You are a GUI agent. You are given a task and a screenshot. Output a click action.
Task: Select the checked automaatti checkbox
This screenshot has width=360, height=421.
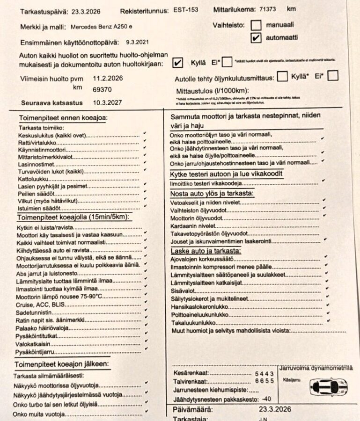tap(256, 38)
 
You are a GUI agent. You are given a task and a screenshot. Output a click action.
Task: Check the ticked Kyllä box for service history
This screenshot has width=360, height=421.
tap(177, 63)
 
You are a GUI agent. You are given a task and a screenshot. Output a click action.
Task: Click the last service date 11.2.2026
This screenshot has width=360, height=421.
tap(108, 78)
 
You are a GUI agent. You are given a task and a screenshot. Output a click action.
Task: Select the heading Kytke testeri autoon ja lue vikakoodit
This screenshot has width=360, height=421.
tap(226, 174)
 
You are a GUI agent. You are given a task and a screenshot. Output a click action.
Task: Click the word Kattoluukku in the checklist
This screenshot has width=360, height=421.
tap(33, 178)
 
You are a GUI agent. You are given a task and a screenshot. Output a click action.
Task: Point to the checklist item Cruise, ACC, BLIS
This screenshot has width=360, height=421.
tap(38, 304)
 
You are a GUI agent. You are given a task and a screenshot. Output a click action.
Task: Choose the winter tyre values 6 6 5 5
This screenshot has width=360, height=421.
tap(264, 381)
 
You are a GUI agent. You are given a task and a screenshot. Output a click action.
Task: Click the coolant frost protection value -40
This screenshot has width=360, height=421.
tap(267, 399)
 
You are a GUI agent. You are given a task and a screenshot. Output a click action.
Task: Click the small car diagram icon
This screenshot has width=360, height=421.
tap(329, 387)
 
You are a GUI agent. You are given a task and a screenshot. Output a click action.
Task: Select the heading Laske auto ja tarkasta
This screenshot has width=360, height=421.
tap(206, 252)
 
